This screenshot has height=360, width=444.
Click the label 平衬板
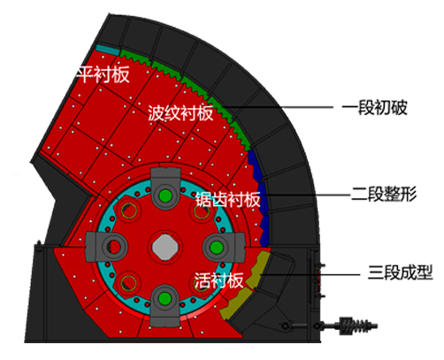click(103, 74)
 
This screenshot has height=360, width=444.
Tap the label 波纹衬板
click(180, 112)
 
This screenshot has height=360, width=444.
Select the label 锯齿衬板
click(228, 199)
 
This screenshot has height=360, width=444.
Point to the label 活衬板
click(218, 280)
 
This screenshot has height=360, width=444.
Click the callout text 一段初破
click(375, 108)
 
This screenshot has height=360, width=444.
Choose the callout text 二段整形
click(384, 195)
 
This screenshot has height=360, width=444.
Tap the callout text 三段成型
click(400, 272)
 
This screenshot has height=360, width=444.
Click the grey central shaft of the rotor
click(165, 247)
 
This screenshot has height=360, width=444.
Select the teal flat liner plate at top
click(108, 50)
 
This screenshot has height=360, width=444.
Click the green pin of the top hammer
click(165, 195)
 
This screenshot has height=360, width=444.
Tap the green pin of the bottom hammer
click(165, 299)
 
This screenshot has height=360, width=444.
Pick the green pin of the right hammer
click(217, 248)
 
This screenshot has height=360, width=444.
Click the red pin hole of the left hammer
click(114, 247)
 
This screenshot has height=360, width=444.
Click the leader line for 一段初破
click(277, 107)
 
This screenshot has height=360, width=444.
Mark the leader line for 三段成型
click(310, 274)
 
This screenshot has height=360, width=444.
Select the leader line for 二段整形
click(306, 195)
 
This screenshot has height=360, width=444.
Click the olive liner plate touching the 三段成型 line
click(258, 269)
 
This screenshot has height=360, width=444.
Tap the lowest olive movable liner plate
click(235, 304)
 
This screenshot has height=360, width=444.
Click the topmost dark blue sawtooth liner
click(255, 165)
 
